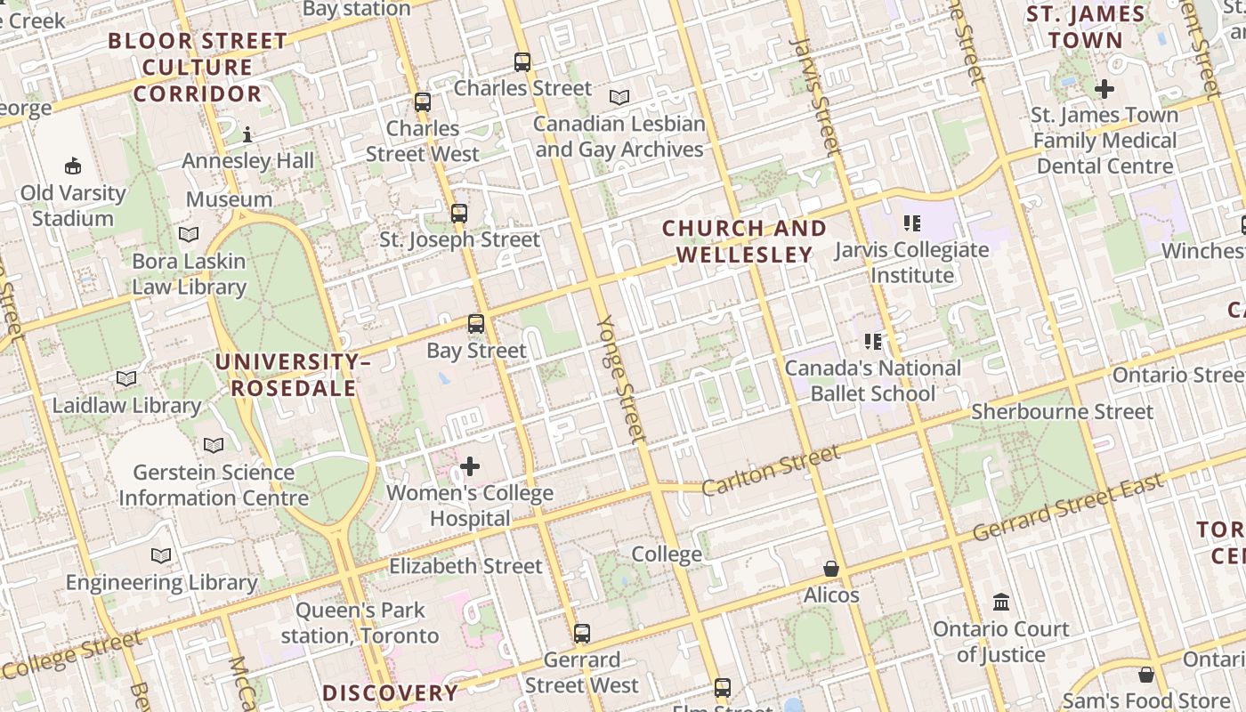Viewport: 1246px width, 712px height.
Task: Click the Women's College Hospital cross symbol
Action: click(470, 466)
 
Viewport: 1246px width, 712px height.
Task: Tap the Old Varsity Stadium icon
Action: click(73, 166)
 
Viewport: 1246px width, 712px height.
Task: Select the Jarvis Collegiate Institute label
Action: click(911, 263)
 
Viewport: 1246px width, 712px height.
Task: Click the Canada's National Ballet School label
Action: click(873, 381)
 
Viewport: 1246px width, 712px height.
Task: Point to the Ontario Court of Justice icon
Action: click(1001, 603)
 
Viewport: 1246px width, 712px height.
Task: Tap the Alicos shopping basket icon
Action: click(831, 569)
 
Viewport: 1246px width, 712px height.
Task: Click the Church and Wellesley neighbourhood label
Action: click(745, 242)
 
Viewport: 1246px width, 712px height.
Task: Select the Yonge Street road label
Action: click(620, 378)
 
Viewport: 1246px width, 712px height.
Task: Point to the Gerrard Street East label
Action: click(1068, 508)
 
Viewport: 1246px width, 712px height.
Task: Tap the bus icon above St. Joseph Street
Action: click(459, 214)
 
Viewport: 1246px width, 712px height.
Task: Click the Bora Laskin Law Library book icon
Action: click(189, 235)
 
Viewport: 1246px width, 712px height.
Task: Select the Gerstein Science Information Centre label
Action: click(214, 485)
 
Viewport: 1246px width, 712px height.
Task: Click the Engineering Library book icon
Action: click(161, 556)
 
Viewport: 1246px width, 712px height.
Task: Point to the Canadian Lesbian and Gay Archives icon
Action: click(619, 97)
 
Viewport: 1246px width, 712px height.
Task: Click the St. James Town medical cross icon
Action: click(1104, 89)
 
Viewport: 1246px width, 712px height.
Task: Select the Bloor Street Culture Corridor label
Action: click(198, 67)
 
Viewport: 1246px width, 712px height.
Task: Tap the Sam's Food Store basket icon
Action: click(1146, 675)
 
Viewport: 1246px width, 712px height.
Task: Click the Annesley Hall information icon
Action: click(247, 135)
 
